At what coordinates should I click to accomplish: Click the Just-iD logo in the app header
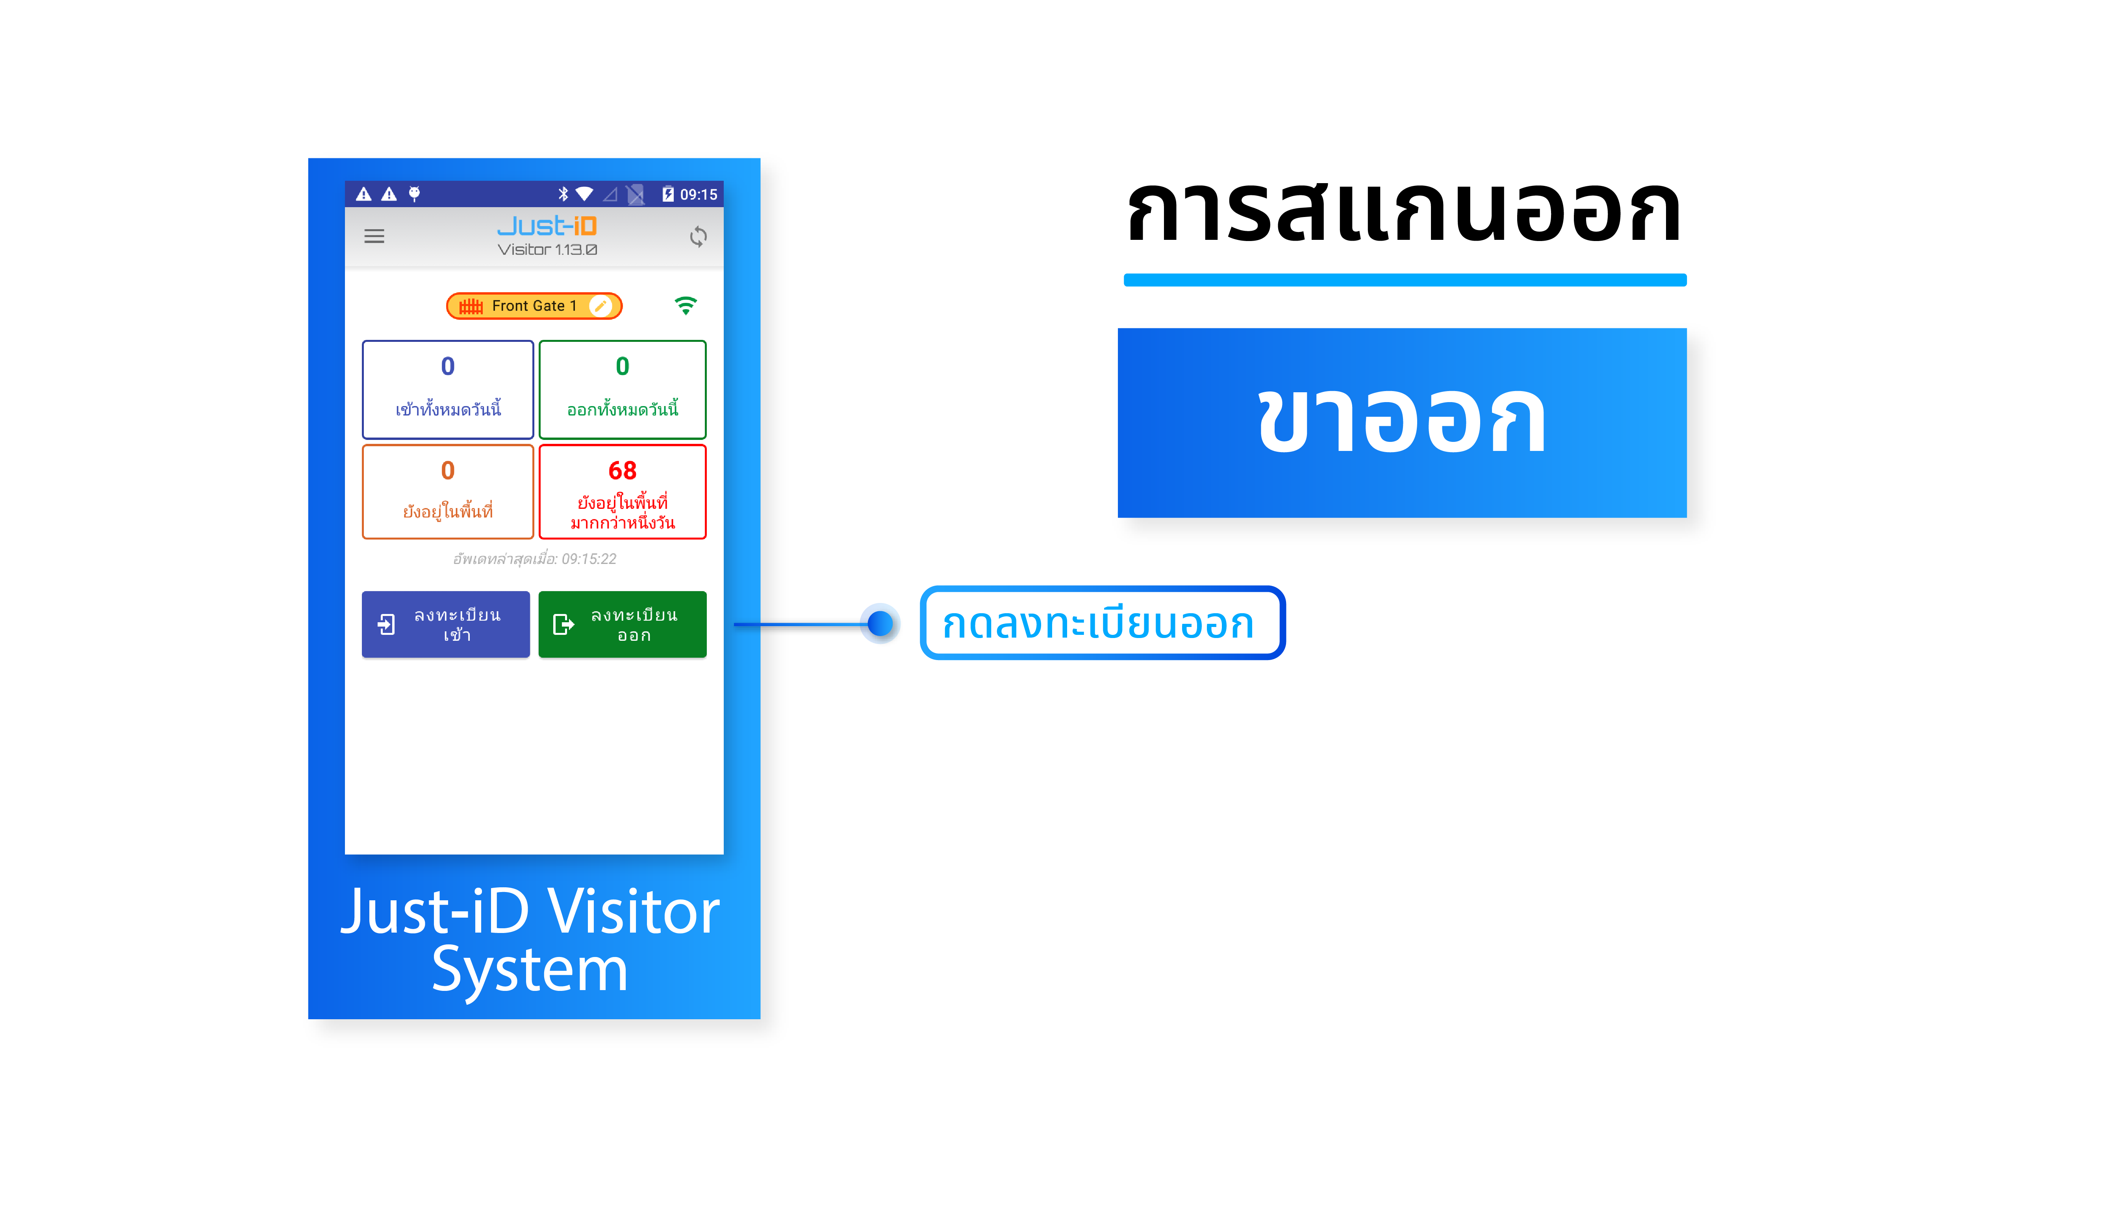click(547, 226)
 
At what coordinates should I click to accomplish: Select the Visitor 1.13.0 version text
click(547, 250)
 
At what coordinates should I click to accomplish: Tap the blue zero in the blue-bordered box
click(448, 367)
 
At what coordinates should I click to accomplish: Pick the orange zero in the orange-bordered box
click(448, 471)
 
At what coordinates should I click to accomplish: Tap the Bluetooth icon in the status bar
click(563, 194)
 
